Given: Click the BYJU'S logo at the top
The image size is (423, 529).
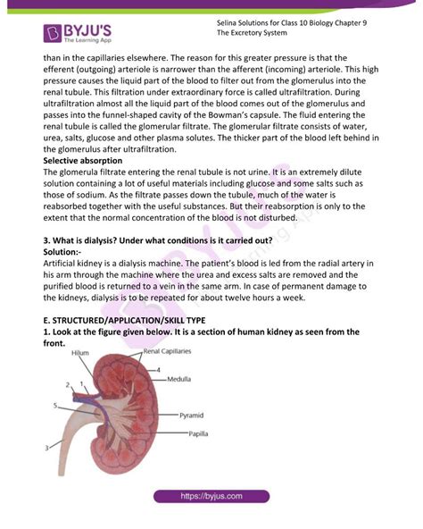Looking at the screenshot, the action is click(x=78, y=33).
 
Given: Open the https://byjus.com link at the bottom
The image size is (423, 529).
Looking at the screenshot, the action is click(x=212, y=495).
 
